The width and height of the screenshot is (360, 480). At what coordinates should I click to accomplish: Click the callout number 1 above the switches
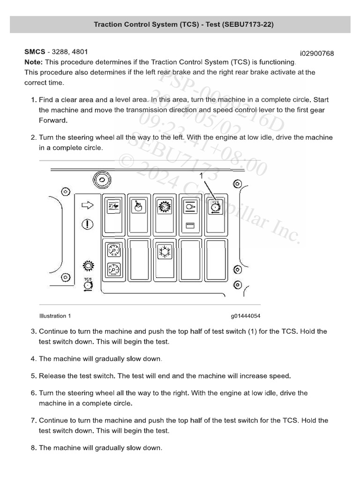(x=202, y=176)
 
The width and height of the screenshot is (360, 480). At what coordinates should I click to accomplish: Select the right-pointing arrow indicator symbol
(x=88, y=205)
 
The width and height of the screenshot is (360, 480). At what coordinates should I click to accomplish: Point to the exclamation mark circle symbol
(x=88, y=224)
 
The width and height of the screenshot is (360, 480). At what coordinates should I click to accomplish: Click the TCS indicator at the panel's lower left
(x=88, y=285)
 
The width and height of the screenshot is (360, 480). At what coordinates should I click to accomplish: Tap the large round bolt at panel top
(x=99, y=179)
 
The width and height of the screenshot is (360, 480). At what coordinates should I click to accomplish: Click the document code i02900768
(x=317, y=53)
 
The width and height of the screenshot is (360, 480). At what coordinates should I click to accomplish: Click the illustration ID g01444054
(x=245, y=316)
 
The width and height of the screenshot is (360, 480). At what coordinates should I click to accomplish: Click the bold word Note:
(x=34, y=62)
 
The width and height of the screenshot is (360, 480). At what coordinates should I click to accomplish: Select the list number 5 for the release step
(x=33, y=376)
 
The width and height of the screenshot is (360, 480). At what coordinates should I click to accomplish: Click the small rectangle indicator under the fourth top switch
(x=190, y=225)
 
